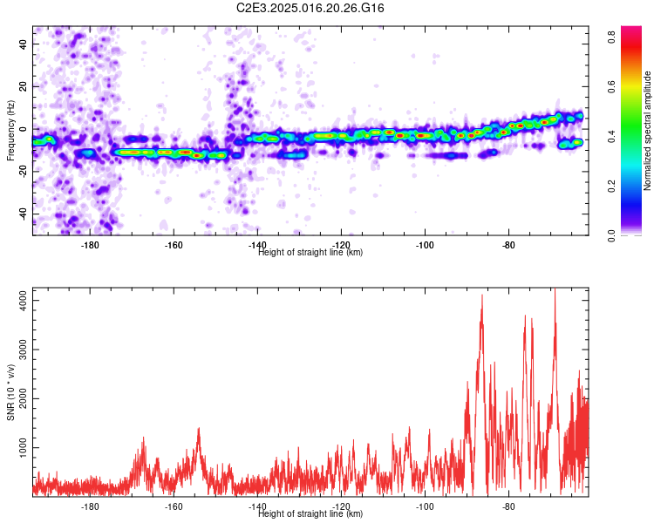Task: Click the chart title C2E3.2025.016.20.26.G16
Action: [310, 8]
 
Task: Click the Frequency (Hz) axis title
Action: [10, 131]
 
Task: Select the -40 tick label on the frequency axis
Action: [24, 214]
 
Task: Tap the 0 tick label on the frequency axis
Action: [24, 129]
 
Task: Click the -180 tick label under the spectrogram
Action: [90, 245]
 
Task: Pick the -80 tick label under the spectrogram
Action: [509, 245]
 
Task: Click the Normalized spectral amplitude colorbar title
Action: [647, 131]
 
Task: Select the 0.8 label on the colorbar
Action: [612, 37]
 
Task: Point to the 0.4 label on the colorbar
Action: [612, 136]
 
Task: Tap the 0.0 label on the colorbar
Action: [612, 235]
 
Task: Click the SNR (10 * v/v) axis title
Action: [10, 392]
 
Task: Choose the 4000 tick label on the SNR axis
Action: [24, 300]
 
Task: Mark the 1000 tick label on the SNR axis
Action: [24, 447]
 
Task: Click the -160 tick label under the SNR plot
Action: [174, 506]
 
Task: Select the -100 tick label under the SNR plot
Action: [425, 506]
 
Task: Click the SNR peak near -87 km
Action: [482, 295]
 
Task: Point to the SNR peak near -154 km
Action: [199, 428]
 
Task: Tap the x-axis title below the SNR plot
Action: [310, 513]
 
